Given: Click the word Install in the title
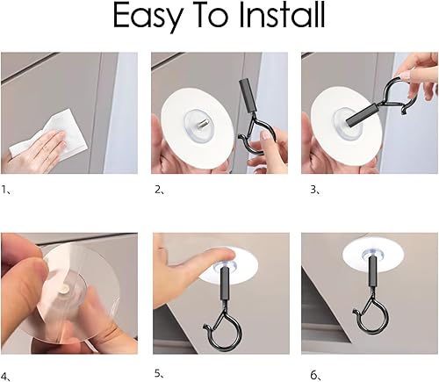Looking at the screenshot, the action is [282, 15].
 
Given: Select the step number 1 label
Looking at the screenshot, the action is [5, 190].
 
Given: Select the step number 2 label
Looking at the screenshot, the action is [159, 190].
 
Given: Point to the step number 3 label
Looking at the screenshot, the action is [315, 190].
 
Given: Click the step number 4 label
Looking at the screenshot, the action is [5, 376].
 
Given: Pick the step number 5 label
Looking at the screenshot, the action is [159, 373].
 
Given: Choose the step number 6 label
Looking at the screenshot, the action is [315, 376].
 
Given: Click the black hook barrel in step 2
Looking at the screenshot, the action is [248, 96].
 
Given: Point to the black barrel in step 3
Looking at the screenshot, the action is [361, 115].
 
